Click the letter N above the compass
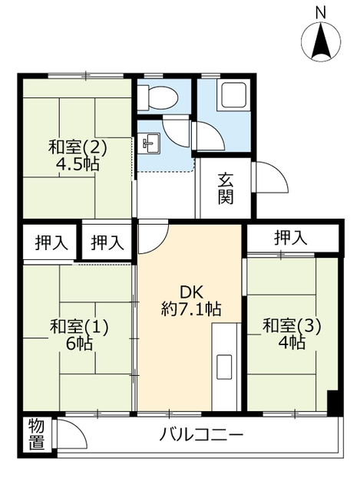[x=322, y=12]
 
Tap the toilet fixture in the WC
[x=160, y=97]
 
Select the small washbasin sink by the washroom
[x=150, y=143]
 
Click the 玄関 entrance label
[x=226, y=189]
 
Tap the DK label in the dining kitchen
[x=191, y=293]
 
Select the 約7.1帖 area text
[x=191, y=310]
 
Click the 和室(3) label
[x=292, y=326]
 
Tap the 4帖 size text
[x=292, y=343]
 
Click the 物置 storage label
[x=36, y=435]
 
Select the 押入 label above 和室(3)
[x=291, y=239]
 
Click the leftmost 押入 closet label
[x=51, y=242]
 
